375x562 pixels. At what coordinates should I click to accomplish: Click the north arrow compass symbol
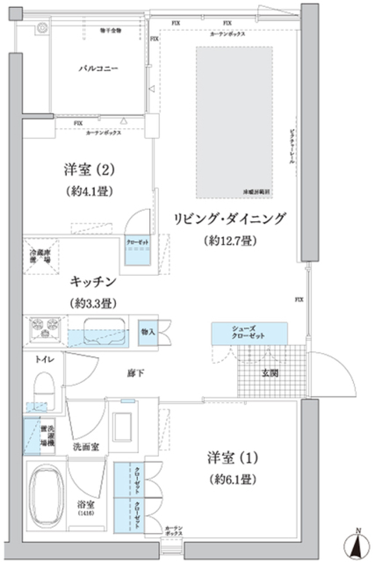[357, 544]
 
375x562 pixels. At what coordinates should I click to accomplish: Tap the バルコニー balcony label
[98, 69]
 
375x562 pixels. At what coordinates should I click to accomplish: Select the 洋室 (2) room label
[89, 170]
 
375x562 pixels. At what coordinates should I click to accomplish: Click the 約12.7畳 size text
[230, 241]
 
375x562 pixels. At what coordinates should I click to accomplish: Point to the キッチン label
[93, 282]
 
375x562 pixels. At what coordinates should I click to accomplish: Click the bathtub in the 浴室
[46, 494]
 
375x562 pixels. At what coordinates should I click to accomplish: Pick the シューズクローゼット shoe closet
[249, 333]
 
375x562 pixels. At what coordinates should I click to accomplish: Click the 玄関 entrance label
[270, 373]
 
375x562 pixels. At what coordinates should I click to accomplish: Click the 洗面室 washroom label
[86, 447]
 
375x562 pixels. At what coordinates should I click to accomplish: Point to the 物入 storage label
[148, 332]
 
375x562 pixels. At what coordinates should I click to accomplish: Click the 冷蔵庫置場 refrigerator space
[41, 256]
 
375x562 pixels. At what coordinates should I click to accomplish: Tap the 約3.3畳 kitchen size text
[93, 303]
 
